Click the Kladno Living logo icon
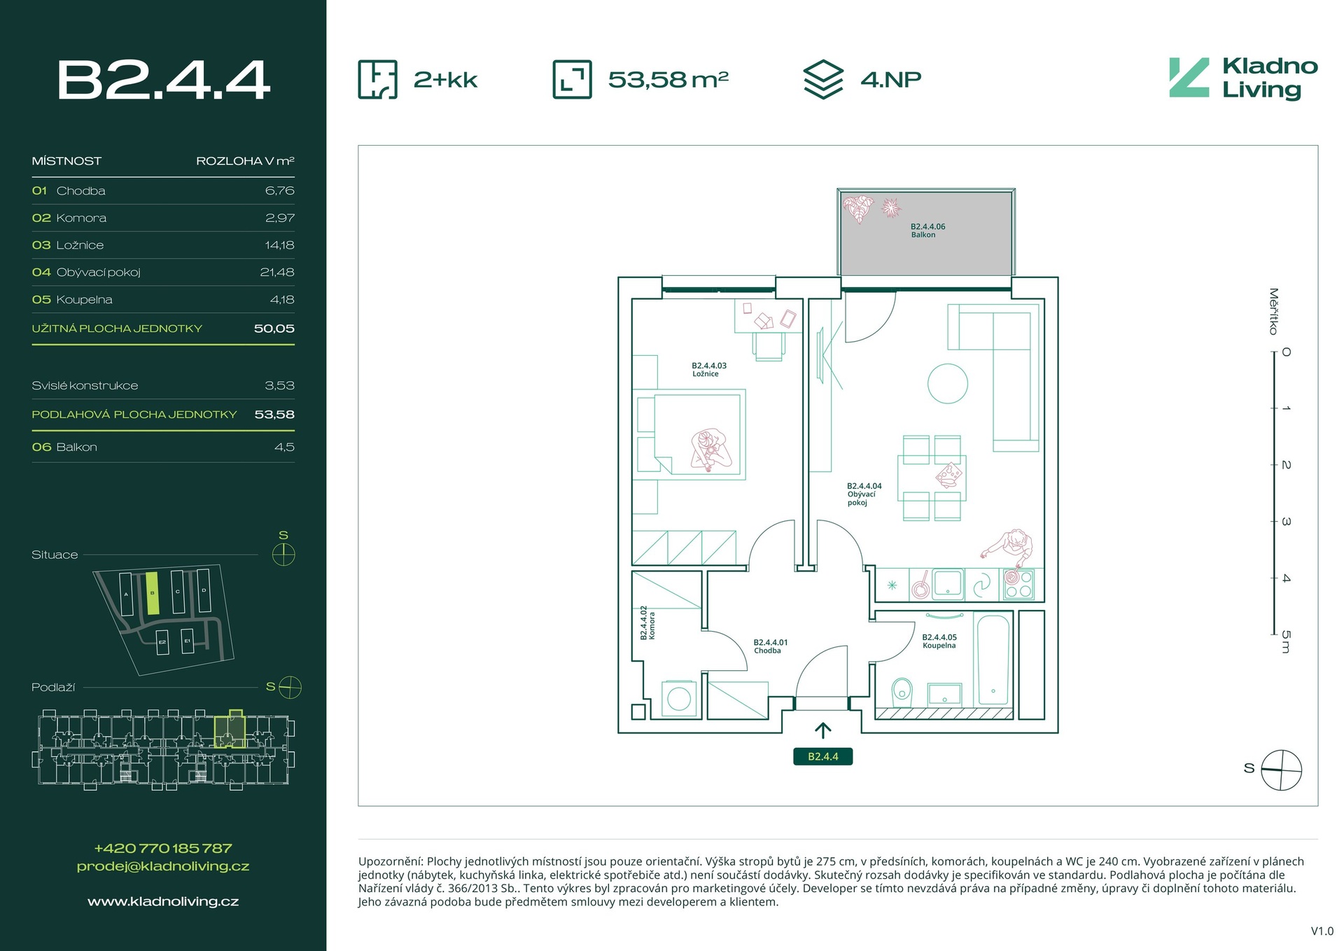(x=1189, y=78)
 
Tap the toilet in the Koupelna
(x=902, y=690)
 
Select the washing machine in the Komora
(x=678, y=698)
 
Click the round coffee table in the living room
(x=947, y=384)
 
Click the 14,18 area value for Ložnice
(x=279, y=245)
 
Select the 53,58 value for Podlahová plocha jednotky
(x=274, y=415)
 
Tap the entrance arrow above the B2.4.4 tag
(x=822, y=730)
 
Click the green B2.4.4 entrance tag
(x=822, y=756)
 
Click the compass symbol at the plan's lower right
(x=1281, y=770)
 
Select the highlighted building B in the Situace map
(x=153, y=593)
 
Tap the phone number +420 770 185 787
(x=163, y=848)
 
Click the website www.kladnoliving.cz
(x=163, y=901)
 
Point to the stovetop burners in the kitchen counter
(x=1018, y=585)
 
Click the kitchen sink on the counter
(x=948, y=584)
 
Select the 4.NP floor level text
(x=890, y=79)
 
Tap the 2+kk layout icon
(x=378, y=79)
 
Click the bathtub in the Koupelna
(x=993, y=659)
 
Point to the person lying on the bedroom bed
(x=709, y=449)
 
